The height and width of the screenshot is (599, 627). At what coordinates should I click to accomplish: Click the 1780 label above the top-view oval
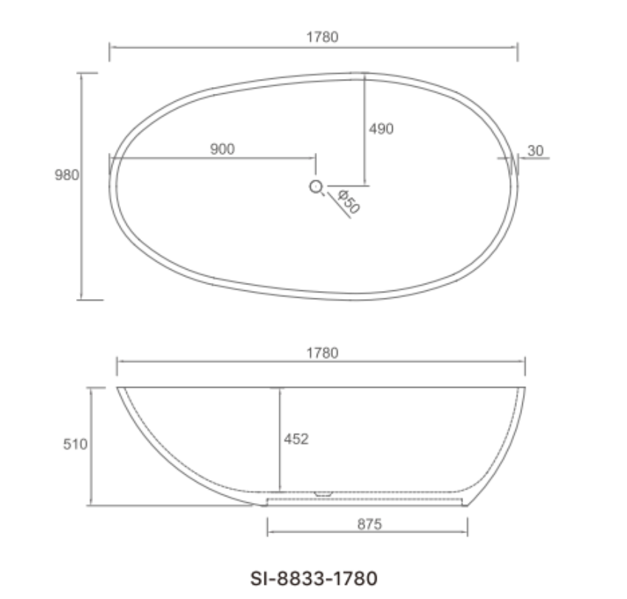(322, 37)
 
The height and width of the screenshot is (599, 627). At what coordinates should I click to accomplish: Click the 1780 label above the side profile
(322, 353)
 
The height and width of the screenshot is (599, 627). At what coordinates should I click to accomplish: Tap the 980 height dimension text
(66, 175)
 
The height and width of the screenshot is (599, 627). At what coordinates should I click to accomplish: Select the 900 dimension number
(222, 149)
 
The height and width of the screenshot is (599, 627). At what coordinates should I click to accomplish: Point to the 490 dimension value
(381, 129)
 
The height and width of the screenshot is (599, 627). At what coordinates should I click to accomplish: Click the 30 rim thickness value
(536, 151)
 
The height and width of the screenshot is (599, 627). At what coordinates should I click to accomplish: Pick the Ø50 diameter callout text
(348, 202)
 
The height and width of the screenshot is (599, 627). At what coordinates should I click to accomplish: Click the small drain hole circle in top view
(316, 187)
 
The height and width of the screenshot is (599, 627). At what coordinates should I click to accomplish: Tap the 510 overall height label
(75, 445)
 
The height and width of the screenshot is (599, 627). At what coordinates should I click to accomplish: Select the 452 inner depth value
(296, 439)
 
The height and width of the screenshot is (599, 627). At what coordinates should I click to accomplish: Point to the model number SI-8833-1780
(315, 577)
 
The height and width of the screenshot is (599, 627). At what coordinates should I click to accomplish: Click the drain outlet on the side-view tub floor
(323, 493)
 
